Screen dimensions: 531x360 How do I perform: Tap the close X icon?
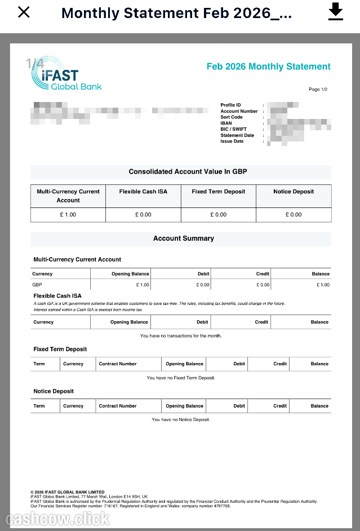click(24, 12)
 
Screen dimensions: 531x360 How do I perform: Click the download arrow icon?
click(336, 11)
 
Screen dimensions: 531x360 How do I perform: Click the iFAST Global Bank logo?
click(66, 79)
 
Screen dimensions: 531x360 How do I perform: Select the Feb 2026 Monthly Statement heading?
click(268, 67)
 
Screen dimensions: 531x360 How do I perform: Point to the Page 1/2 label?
click(318, 90)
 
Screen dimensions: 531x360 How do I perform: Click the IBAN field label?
click(226, 123)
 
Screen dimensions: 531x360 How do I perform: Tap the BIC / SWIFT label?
click(233, 129)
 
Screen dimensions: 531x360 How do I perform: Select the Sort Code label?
click(231, 117)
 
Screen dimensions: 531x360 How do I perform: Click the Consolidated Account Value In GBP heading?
click(188, 171)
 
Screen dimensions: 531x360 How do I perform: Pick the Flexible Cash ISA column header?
click(143, 192)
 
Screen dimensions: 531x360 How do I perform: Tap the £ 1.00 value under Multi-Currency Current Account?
click(68, 215)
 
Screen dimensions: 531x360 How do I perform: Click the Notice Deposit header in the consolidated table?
click(294, 192)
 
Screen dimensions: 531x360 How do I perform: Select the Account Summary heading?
click(184, 238)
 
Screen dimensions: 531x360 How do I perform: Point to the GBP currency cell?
click(37, 285)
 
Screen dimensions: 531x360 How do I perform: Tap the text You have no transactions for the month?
click(181, 336)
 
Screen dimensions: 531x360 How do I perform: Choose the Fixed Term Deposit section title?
click(60, 349)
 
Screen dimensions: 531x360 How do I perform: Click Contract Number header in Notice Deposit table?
click(118, 406)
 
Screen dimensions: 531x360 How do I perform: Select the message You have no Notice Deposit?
click(181, 420)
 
